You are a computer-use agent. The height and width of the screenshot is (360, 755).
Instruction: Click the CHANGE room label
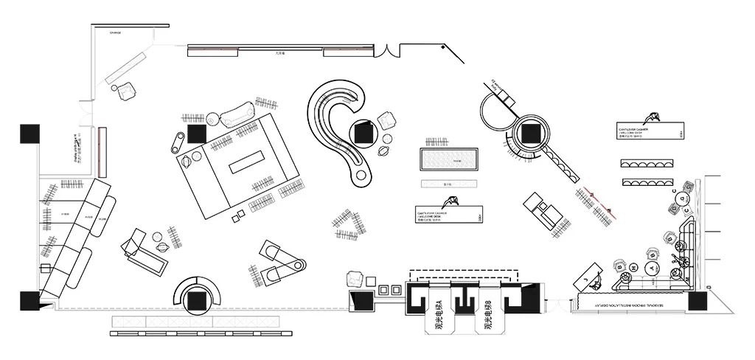coord(115,33)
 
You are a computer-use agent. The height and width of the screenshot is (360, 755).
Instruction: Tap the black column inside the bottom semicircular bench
coord(197,301)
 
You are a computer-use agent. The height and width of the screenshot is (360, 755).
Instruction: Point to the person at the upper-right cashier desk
coord(650,118)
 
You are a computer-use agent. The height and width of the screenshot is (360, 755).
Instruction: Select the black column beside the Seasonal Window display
coord(697,301)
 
